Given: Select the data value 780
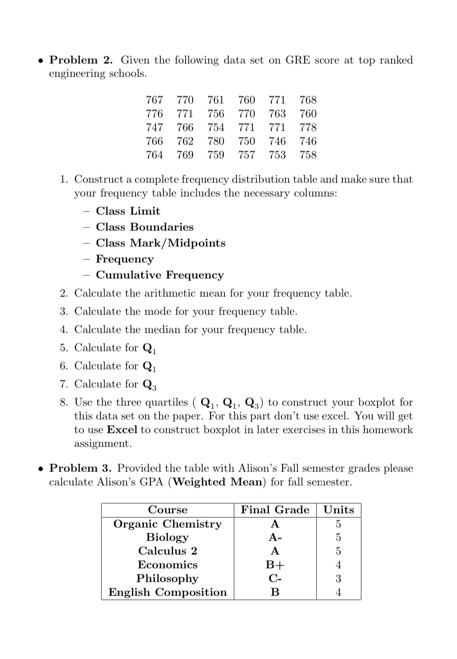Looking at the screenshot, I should pyautogui.click(x=216, y=141).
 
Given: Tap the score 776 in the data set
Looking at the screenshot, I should pyautogui.click(x=155, y=114).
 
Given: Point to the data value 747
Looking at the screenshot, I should pyautogui.click(x=155, y=128).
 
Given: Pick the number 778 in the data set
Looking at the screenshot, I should pyautogui.click(x=308, y=128).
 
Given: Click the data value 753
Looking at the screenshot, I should pyautogui.click(x=277, y=155).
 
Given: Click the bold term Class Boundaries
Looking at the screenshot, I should pyautogui.click(x=145, y=227).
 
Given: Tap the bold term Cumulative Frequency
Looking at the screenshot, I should pyautogui.click(x=160, y=275).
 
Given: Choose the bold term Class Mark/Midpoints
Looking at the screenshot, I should pyautogui.click(x=161, y=243).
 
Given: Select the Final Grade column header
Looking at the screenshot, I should pyautogui.click(x=275, y=510).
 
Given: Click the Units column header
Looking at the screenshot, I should pyautogui.click(x=339, y=510).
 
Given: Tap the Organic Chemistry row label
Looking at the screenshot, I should pyautogui.click(x=167, y=524).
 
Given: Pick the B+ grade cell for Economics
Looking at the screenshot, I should pyautogui.click(x=275, y=565).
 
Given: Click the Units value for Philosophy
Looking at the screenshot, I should pyautogui.click(x=339, y=579).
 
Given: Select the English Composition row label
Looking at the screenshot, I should pyautogui.click(x=167, y=593).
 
